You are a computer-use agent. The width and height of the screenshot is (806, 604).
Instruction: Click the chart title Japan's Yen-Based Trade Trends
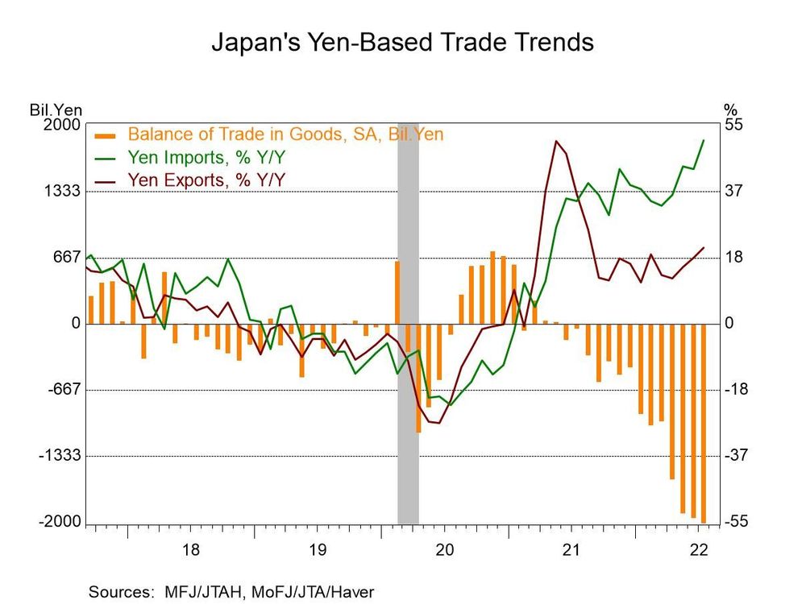click(402, 42)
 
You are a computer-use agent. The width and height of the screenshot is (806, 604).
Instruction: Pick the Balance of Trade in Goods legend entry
click(285, 134)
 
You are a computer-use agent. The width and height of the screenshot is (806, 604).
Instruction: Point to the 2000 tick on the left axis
click(64, 125)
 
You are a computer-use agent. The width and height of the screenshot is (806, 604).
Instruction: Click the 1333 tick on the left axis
click(64, 192)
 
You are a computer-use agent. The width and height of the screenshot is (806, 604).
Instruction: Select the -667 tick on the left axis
click(64, 390)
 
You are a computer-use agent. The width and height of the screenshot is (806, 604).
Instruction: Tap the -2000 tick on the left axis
click(60, 522)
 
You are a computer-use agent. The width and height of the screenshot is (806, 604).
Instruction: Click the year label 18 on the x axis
click(191, 550)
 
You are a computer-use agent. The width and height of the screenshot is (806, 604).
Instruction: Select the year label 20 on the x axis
click(445, 550)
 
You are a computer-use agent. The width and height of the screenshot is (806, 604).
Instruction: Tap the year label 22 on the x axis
click(699, 550)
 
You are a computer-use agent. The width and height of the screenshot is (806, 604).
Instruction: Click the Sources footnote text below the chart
click(231, 590)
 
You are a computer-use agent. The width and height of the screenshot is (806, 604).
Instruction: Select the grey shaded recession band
click(408, 322)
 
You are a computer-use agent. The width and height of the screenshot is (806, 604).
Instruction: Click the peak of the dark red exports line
click(557, 142)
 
